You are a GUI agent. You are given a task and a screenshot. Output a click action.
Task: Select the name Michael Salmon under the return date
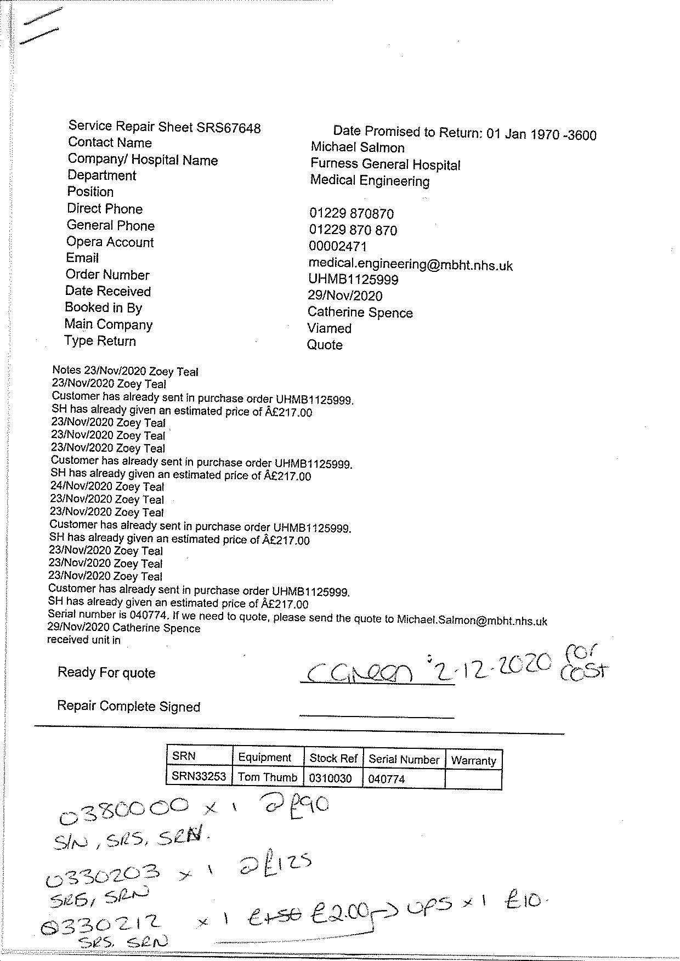pyautogui.click(x=358, y=147)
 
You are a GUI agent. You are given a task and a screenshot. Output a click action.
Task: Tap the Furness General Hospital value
pyautogui.click(x=385, y=164)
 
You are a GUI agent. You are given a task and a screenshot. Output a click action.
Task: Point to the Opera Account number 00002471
pyautogui.click(x=337, y=247)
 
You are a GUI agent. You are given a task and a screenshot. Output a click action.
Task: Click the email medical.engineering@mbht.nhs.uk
pyautogui.click(x=410, y=265)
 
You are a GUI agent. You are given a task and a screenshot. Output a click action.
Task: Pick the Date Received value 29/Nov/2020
pyautogui.click(x=345, y=296)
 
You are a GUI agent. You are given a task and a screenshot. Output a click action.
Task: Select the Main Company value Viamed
pyautogui.click(x=329, y=328)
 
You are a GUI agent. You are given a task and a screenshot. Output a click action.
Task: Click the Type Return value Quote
pyautogui.click(x=325, y=345)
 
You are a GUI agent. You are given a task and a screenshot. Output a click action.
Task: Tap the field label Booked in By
pyautogui.click(x=103, y=308)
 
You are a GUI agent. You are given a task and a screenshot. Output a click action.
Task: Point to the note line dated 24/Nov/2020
pyautogui.click(x=107, y=487)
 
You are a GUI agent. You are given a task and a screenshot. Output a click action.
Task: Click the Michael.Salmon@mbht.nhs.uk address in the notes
pyautogui.click(x=472, y=621)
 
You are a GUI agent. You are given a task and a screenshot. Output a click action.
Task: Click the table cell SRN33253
pyautogui.click(x=199, y=776)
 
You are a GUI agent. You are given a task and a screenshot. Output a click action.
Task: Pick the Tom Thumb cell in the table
pyautogui.click(x=268, y=777)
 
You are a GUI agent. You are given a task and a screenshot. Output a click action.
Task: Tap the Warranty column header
pyautogui.click(x=473, y=760)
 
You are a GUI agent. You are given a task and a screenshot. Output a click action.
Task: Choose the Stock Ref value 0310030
pyautogui.click(x=330, y=778)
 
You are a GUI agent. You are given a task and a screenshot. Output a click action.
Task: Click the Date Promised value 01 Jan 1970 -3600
pyautogui.click(x=541, y=134)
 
